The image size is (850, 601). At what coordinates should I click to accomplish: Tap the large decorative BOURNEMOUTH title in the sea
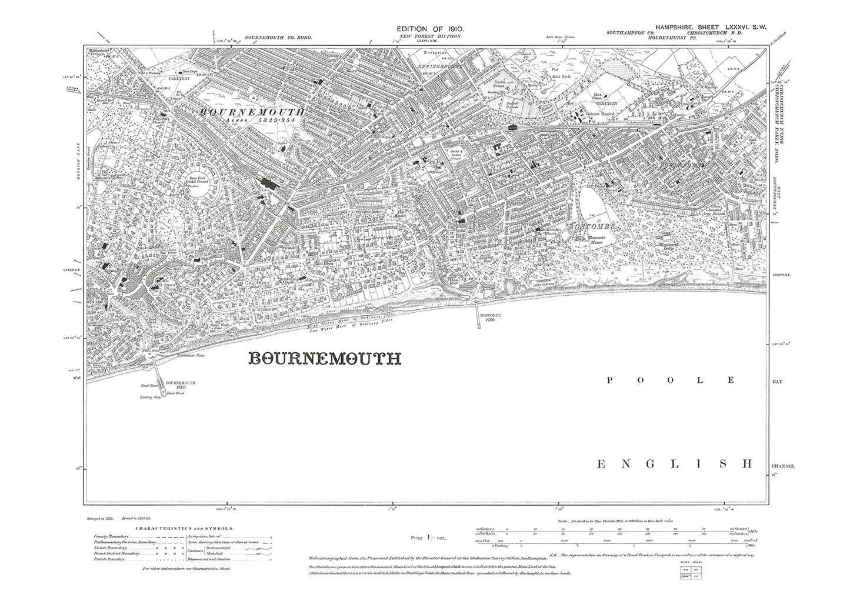point(325,359)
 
